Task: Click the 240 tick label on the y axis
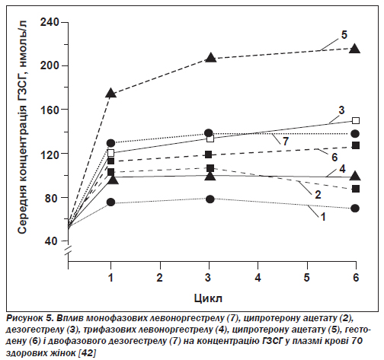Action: [x=50, y=22]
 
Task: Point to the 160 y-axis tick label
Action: [x=50, y=110]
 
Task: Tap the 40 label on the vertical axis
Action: [x=53, y=241]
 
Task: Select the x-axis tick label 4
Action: [x=258, y=278]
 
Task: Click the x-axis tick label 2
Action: [x=159, y=278]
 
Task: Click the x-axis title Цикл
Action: [x=208, y=298]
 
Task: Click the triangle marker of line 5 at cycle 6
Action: [x=355, y=49]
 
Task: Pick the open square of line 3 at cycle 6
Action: [x=356, y=120]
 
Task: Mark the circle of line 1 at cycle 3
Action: [x=210, y=199]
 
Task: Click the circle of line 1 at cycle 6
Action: [x=355, y=209]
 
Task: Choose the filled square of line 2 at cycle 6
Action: [x=356, y=189]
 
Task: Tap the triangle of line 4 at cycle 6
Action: [x=355, y=176]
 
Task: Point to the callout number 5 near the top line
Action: [x=344, y=35]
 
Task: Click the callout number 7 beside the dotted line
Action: [x=286, y=142]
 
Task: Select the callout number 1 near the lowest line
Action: [x=323, y=217]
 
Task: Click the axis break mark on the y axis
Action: [x=68, y=250]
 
